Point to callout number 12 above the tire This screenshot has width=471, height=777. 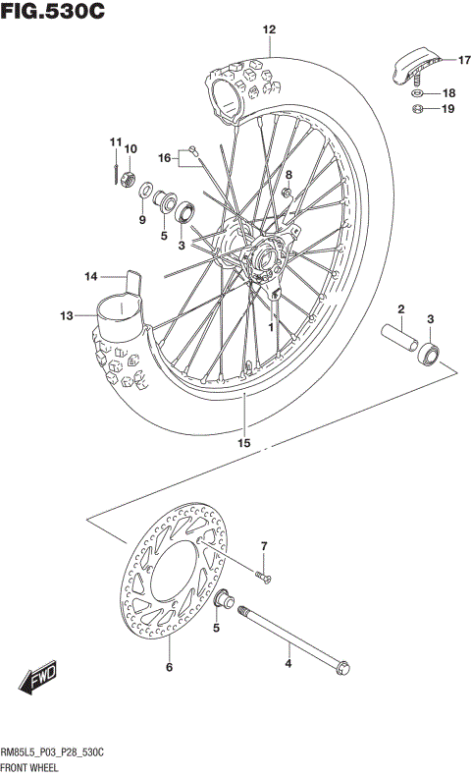(268, 30)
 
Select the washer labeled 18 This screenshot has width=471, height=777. (417, 93)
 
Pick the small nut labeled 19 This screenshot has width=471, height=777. (417, 109)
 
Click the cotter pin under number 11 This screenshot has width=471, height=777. (116, 172)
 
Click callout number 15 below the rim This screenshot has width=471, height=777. (243, 443)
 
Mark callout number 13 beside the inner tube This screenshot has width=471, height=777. (67, 316)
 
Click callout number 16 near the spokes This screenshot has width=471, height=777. (165, 157)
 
